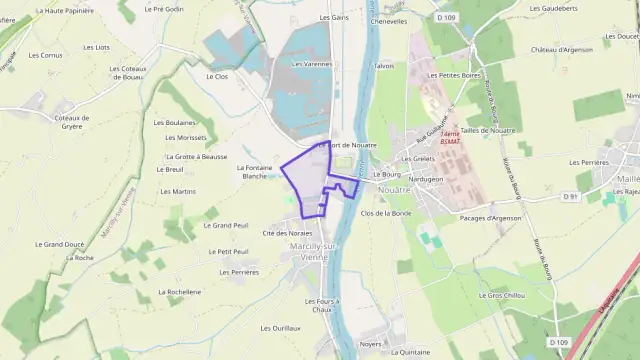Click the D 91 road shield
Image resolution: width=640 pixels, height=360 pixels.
pyautogui.click(x=571, y=196)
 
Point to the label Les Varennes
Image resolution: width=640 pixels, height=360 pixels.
pyautogui.click(x=311, y=64)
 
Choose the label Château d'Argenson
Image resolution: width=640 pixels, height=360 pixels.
pyautogui.click(x=562, y=49)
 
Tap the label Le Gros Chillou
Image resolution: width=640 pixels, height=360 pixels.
pyautogui.click(x=502, y=295)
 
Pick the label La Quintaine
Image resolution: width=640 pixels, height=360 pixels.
pyautogui.click(x=411, y=352)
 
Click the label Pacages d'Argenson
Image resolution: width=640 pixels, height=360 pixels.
pyautogui.click(x=490, y=218)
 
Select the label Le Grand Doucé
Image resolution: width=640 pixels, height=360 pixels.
pyautogui.click(x=59, y=244)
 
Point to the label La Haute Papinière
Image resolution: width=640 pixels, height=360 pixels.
pyautogui.click(x=65, y=10)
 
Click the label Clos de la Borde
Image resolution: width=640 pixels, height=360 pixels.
pyautogui.click(x=386, y=213)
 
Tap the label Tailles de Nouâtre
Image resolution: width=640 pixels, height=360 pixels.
pyautogui.click(x=491, y=130)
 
